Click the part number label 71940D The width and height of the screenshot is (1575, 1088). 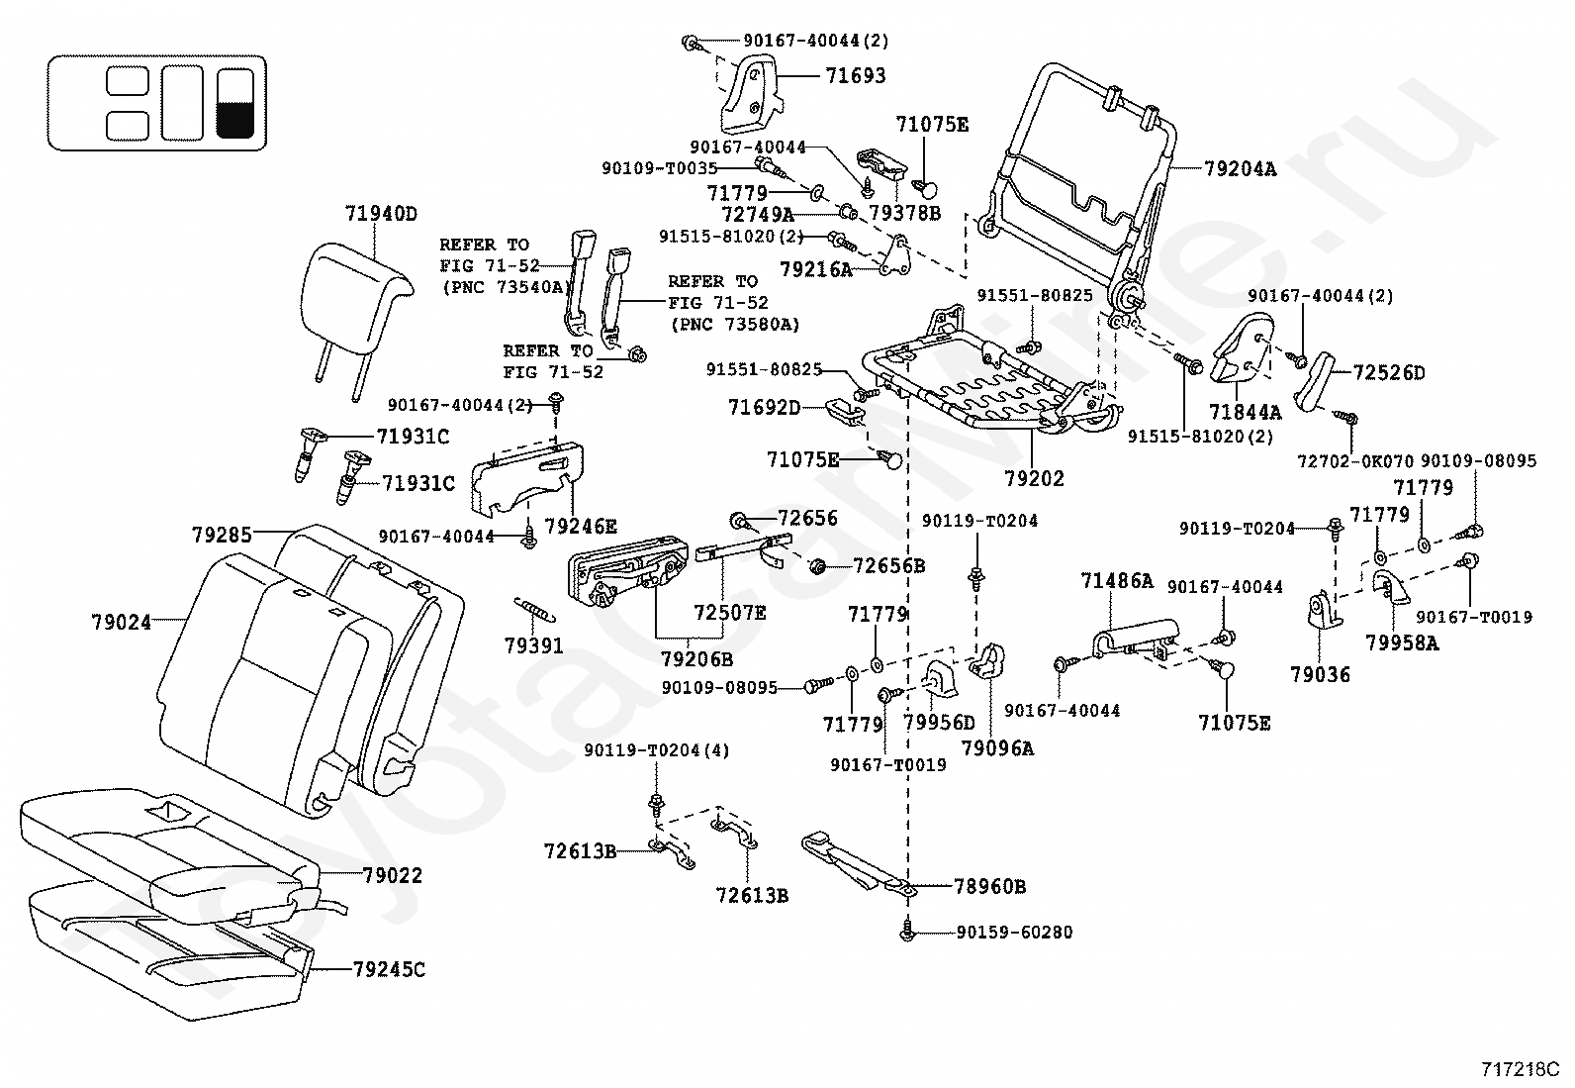[x=381, y=213]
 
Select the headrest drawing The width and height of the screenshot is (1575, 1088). [x=358, y=293]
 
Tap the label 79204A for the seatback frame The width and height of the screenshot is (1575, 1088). [x=1240, y=169]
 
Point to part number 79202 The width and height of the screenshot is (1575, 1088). [x=1034, y=479]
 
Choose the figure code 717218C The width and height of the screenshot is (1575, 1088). [x=1519, y=1069]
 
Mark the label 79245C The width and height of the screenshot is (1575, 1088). [x=388, y=969]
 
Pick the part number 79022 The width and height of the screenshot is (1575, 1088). [x=392, y=876]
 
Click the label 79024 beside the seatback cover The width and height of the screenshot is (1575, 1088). [x=122, y=623]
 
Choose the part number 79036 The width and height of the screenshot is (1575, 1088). [x=1320, y=675]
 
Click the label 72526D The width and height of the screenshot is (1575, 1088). [x=1389, y=373]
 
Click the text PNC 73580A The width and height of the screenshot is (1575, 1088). [x=735, y=325]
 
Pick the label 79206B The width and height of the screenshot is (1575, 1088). [x=696, y=658]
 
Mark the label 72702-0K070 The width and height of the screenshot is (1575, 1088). [x=1353, y=461]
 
